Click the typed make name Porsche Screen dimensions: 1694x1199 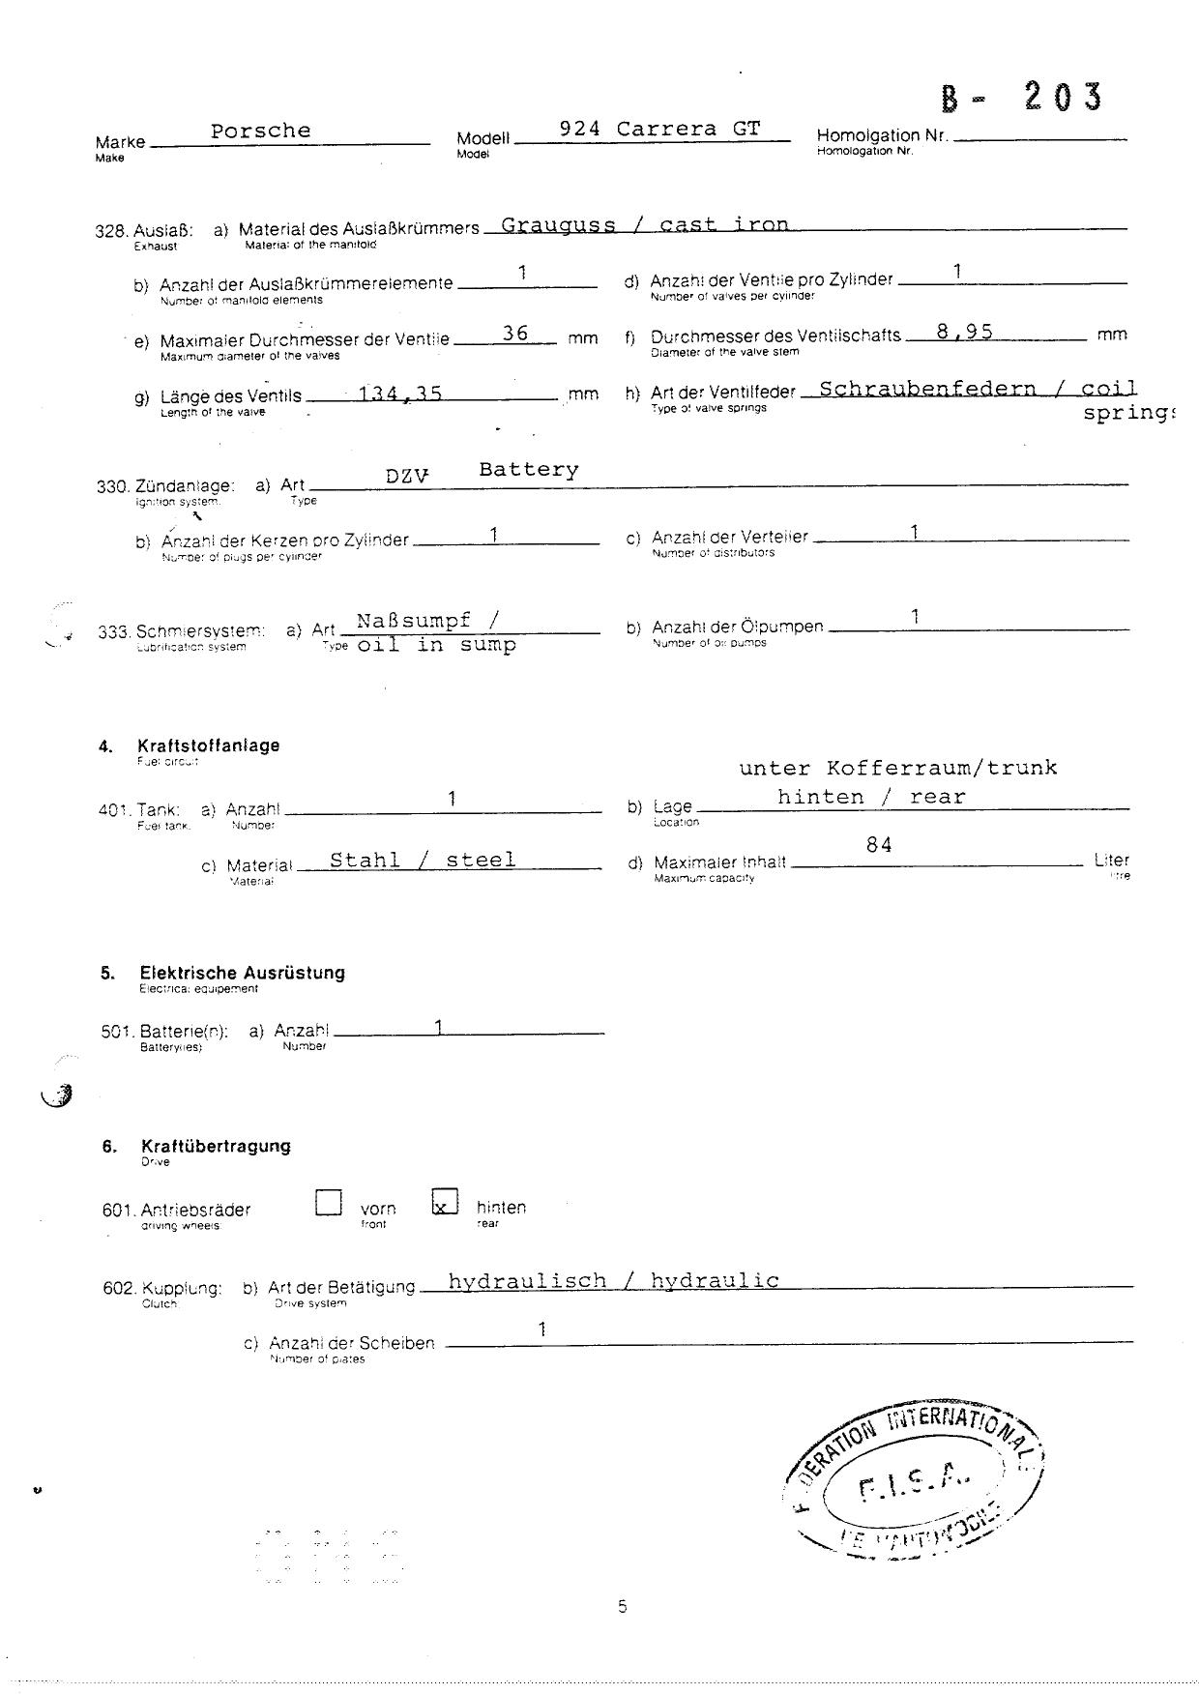coord(261,131)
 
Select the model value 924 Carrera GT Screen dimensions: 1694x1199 coord(660,129)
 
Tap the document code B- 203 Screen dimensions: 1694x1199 coord(1021,98)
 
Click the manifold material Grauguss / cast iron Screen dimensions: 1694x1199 coord(645,225)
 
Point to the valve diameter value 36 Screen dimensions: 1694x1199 coord(515,334)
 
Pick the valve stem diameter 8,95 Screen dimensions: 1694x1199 coord(964,332)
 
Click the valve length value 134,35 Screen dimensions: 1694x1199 coord(400,394)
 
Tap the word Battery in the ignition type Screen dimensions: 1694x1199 coord(529,470)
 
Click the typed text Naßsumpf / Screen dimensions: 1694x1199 coord(427,621)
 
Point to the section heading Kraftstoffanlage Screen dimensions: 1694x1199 coord(209,745)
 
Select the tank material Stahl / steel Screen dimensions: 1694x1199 coord(423,860)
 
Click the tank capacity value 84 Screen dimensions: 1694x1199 coord(879,845)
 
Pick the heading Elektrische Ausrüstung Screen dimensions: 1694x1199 coord(242,973)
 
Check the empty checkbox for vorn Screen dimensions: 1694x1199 coord(329,1202)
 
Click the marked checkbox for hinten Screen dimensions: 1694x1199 coord(444,1202)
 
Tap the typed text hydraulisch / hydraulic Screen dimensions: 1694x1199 coord(614,1281)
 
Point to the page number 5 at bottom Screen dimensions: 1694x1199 coord(622,1607)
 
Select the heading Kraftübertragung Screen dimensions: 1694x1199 coord(216,1146)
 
